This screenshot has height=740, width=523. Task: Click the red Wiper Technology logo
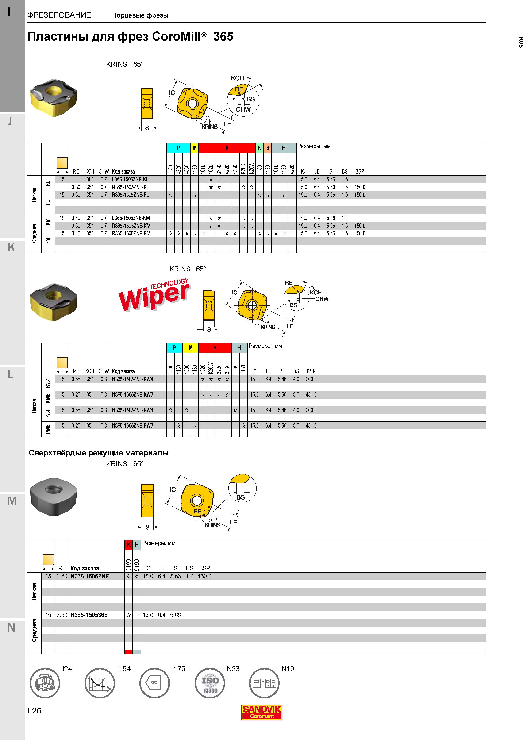point(154,294)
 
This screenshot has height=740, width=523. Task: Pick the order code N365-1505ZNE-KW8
point(132,394)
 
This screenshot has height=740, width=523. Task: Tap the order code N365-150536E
point(89,615)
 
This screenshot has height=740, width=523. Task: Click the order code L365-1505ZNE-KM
point(131,218)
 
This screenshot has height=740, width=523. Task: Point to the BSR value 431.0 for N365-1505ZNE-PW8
point(311,426)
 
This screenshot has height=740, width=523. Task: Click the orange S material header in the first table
point(268,148)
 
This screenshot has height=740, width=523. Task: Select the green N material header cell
point(259,148)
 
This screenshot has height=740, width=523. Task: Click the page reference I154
point(124,669)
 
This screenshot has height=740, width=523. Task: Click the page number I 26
point(34,711)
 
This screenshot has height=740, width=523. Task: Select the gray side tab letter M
point(12,501)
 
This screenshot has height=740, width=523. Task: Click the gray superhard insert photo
point(54,497)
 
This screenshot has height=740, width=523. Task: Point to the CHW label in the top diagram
point(243,109)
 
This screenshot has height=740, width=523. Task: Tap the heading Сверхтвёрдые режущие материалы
point(99,453)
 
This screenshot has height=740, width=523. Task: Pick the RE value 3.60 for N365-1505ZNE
point(62,576)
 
